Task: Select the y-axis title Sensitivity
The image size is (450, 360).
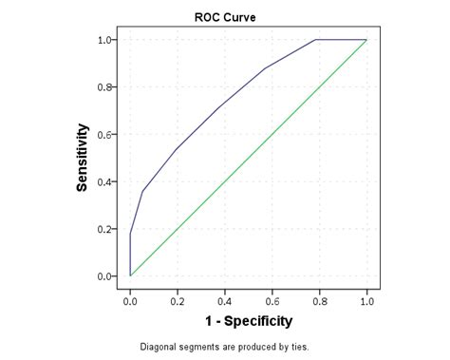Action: coord(84,158)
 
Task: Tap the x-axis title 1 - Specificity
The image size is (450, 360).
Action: coord(245,321)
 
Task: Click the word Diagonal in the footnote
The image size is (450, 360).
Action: coord(159,347)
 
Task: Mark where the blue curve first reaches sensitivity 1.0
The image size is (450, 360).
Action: coord(315,40)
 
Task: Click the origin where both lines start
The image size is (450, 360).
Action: coord(130,275)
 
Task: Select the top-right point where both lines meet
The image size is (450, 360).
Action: coord(366,40)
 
